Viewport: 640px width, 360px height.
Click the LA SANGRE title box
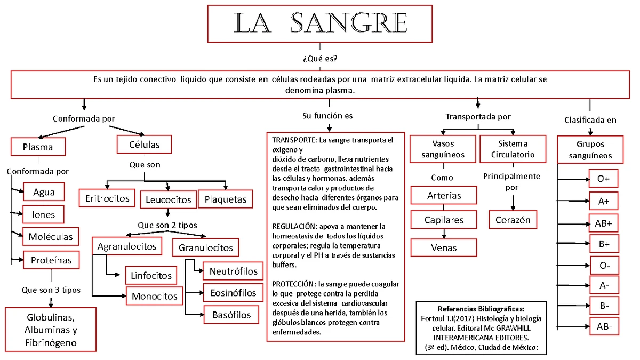[319, 23]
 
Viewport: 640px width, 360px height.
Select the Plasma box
[38, 147]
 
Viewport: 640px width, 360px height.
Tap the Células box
[145, 145]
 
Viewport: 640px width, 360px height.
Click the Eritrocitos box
[107, 198]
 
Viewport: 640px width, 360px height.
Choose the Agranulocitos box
[126, 246]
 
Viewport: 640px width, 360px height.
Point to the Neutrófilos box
[233, 271]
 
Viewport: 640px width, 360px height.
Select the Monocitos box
[155, 296]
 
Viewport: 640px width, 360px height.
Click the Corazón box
[513, 220]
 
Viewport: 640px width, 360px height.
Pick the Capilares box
[444, 220]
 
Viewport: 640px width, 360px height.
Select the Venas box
[444, 247]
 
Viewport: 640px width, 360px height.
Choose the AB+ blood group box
[604, 223]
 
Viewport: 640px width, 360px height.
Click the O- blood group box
[604, 265]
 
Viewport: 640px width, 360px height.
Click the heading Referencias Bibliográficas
[481, 309]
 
